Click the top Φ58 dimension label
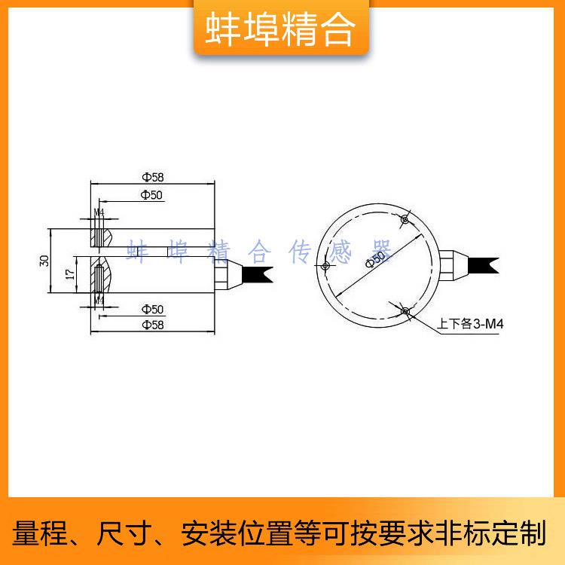click(152, 177)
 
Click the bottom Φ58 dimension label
click(152, 325)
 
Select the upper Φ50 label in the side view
click(152, 195)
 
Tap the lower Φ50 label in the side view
click(152, 309)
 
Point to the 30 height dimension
click(44, 261)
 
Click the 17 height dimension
click(69, 276)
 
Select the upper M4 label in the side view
click(98, 212)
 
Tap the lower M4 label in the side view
click(98, 300)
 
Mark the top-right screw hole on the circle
click(405, 220)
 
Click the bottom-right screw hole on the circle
click(405, 310)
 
